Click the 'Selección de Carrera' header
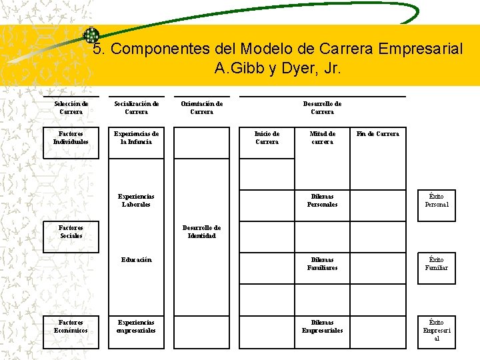point(71,108)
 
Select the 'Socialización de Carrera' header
point(136,108)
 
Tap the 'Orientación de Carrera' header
point(201,108)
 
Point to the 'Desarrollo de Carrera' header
point(322,108)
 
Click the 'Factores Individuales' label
point(71,138)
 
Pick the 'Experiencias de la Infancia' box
point(136,138)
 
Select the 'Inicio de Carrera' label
point(267,138)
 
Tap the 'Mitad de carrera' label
point(322,138)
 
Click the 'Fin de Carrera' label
point(377,134)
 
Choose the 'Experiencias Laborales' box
point(136,201)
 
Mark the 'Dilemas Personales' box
point(322,201)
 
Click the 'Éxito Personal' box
point(437,201)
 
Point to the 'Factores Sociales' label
point(71,232)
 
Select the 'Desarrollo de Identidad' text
point(201,232)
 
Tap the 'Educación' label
point(136,260)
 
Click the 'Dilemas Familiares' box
point(322,264)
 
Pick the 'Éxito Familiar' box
point(437,264)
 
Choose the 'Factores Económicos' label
point(71,327)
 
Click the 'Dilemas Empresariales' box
point(322,327)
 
